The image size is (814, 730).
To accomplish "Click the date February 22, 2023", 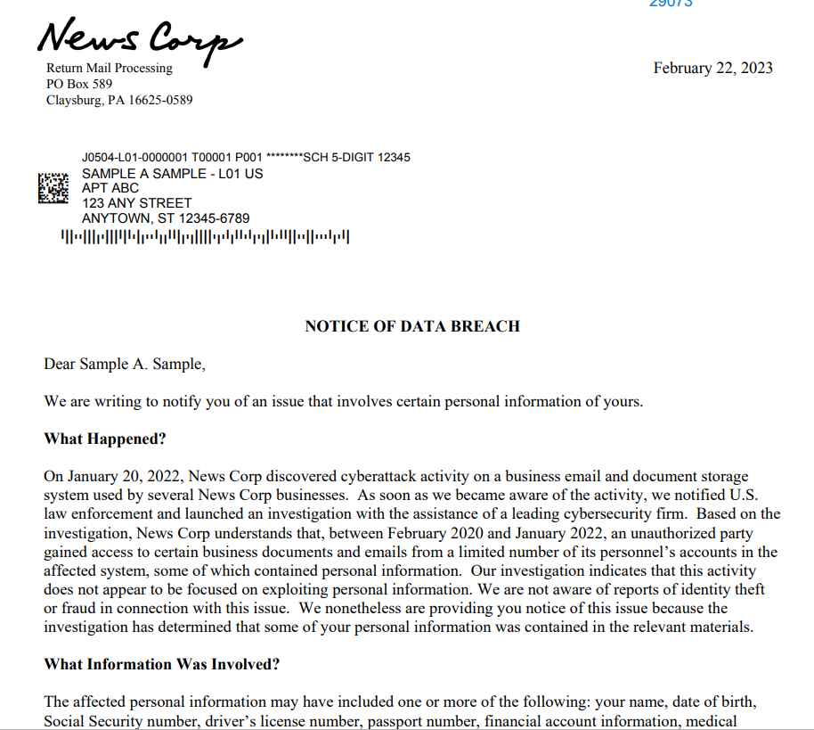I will coord(712,69).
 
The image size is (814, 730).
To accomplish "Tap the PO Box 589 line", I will coord(79,85).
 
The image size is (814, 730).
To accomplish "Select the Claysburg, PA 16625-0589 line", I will coord(119,101).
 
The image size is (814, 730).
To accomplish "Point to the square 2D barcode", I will coord(53,187).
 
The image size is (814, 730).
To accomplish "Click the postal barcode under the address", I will coord(204,238).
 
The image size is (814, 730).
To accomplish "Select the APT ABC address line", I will coord(110,189).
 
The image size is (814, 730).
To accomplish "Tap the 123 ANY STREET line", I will coord(136,204).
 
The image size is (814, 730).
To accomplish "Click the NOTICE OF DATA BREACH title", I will coord(412,326).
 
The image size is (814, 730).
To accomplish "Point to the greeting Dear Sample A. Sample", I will coord(125,365).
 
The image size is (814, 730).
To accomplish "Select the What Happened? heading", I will coord(105,439).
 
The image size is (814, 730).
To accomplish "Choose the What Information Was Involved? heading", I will coord(162,664).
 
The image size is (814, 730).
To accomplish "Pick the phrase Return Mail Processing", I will coord(110,69).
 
